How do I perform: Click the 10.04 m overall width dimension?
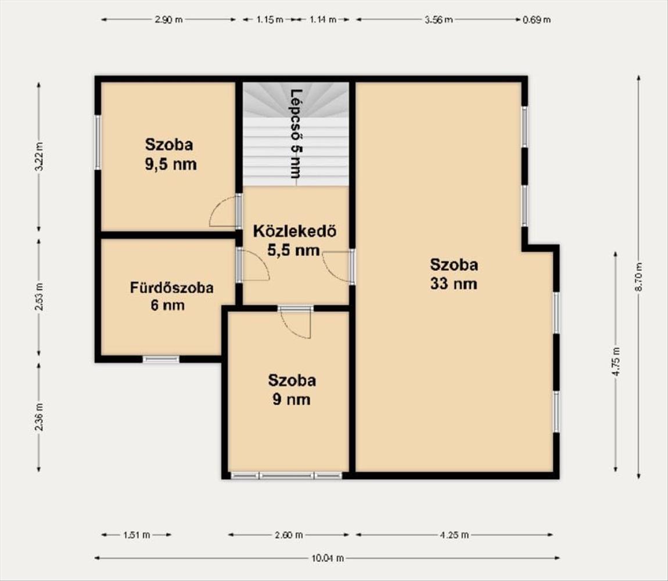coord(327,558)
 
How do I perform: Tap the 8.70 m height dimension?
coord(638,277)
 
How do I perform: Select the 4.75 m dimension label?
coord(616,361)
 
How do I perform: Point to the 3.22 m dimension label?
coord(39,156)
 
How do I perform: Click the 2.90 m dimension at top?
coord(168,20)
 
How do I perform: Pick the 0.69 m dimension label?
coord(536,20)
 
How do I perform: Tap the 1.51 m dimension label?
coord(137,535)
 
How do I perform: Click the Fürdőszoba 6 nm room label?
coord(171,296)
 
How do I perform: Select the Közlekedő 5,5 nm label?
coord(295,241)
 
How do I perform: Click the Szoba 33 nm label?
coord(454,274)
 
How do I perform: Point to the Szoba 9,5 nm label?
coord(170,154)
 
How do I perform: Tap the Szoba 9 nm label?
coord(292,390)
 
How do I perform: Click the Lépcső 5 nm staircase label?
coord(295,134)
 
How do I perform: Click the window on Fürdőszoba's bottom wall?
coord(161,359)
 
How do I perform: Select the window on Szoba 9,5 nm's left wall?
coord(98,142)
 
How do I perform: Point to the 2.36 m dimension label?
coord(39,417)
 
